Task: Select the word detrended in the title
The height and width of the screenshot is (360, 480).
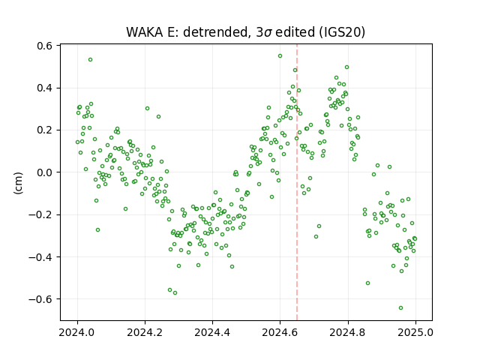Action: [x=215, y=31]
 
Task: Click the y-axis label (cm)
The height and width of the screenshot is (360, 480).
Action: [x=18, y=183]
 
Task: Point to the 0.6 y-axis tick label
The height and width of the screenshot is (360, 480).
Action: [x=45, y=46]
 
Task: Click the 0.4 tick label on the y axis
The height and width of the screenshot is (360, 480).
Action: [x=45, y=88]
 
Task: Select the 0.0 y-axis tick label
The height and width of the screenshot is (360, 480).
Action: [x=45, y=172]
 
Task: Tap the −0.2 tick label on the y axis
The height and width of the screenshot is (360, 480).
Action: [x=40, y=214]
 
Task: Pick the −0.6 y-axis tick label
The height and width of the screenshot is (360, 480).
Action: [x=40, y=299]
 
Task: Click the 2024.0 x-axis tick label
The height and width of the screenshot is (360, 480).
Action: [x=77, y=332]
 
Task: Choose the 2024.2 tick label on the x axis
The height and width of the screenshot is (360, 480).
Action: [x=145, y=332]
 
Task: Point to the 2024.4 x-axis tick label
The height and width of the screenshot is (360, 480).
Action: [x=212, y=332]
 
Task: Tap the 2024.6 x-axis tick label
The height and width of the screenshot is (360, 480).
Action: [x=280, y=332]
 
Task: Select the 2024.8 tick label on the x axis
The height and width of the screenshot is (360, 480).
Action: [x=347, y=332]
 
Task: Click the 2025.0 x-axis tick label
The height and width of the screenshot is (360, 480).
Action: [x=415, y=332]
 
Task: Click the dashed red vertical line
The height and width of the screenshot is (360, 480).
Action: [x=297, y=182]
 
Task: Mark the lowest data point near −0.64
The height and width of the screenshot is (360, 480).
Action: [x=400, y=308]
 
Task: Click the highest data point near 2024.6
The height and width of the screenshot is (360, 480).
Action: [x=280, y=56]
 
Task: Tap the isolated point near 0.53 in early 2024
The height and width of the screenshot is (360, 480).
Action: [x=90, y=60]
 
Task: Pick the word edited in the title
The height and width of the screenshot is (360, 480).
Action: [x=295, y=31]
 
